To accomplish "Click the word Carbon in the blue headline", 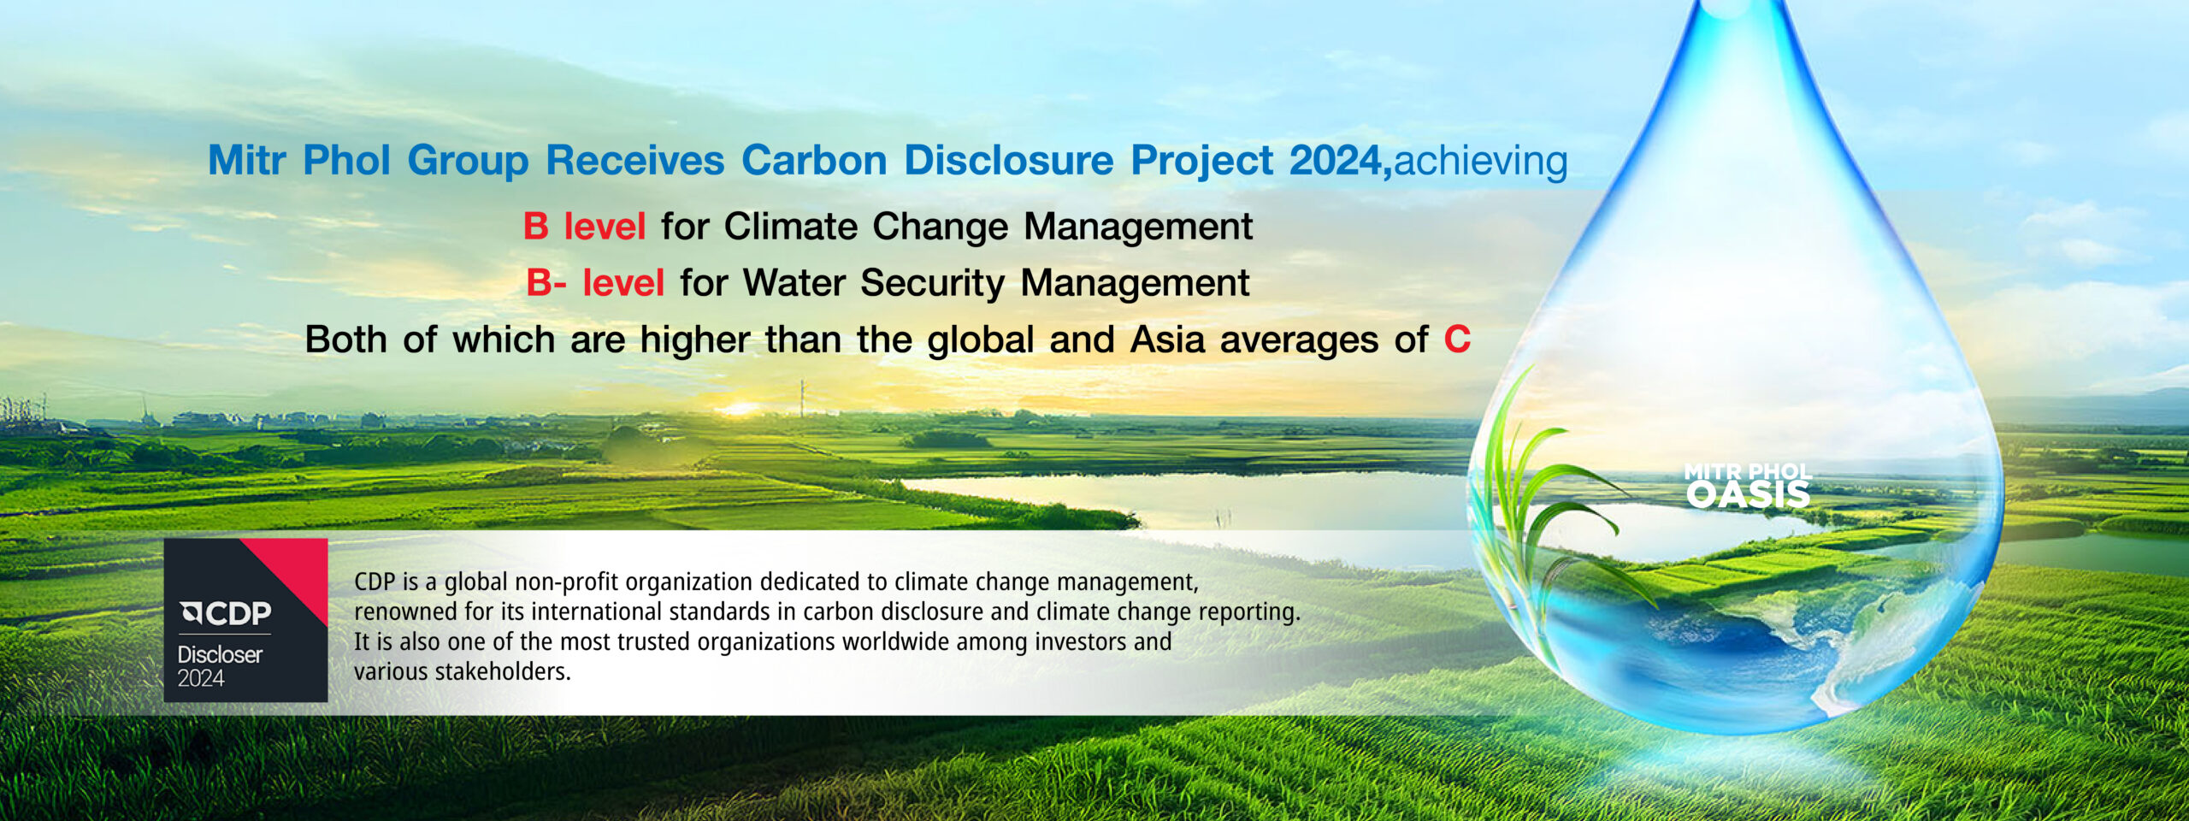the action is click(814, 160).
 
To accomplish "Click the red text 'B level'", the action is click(584, 227).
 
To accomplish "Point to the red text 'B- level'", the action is click(595, 283).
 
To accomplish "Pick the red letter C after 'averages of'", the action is click(1457, 340).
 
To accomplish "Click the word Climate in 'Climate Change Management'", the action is click(791, 227).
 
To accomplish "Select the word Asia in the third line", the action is click(1167, 340).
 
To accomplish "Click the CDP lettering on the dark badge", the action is click(227, 612).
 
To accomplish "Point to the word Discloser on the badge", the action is click(220, 654).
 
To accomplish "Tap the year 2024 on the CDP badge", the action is click(201, 678).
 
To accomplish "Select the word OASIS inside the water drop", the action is click(1748, 494).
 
